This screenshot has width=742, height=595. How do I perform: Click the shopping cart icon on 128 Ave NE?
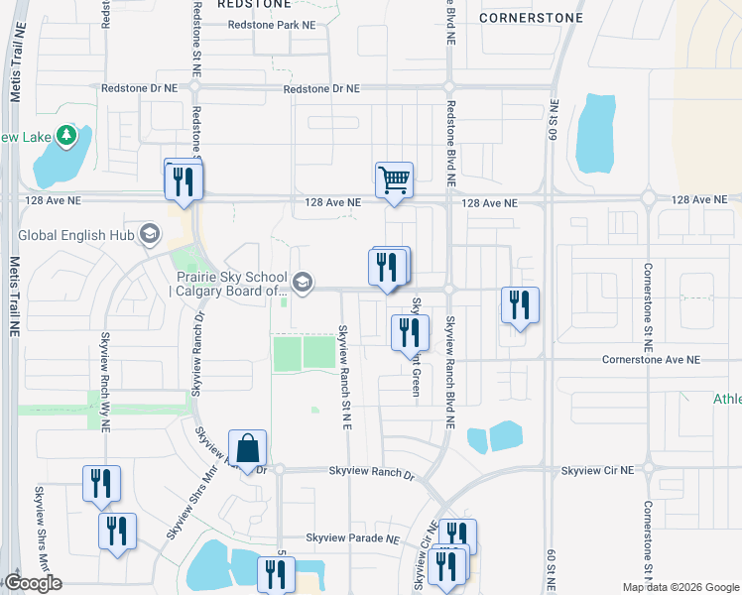click(394, 181)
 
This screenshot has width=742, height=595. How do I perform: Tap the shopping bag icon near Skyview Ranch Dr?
click(247, 449)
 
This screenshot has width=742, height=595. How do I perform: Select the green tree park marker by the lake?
click(66, 135)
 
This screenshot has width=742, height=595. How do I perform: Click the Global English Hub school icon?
click(150, 235)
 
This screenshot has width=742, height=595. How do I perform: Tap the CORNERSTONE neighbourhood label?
click(525, 17)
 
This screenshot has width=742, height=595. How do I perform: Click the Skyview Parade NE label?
click(352, 538)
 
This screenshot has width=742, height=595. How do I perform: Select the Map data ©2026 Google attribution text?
click(680, 587)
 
